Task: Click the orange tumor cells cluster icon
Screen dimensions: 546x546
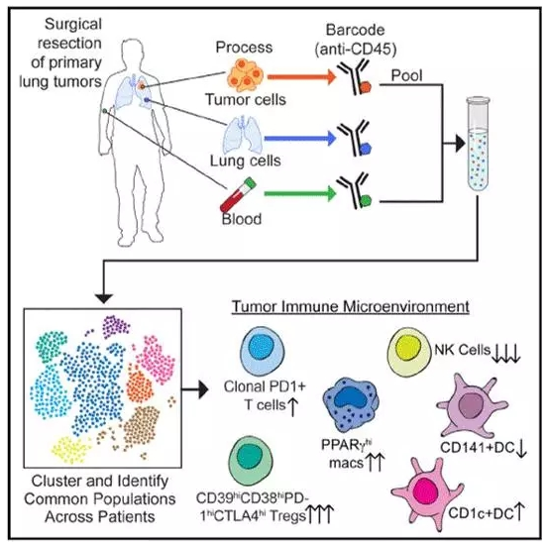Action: (246, 75)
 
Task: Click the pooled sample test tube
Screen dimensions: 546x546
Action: (478, 144)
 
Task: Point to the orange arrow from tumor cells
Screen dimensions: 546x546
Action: (301, 76)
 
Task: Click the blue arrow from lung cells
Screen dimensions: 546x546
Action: (300, 139)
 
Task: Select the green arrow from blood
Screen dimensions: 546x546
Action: (300, 193)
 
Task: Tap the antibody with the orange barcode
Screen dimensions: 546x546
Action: (356, 76)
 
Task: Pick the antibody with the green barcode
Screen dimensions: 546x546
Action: (355, 191)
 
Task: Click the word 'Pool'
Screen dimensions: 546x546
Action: (406, 75)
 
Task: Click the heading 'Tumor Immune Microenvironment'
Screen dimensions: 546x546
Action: (351, 307)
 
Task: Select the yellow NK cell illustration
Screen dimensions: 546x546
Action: (407, 352)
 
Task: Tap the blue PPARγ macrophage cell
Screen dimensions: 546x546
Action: (351, 404)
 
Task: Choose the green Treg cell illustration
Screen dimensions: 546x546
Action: (251, 460)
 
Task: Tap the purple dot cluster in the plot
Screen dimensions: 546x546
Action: (116, 327)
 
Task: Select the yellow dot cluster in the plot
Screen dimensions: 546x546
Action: (69, 449)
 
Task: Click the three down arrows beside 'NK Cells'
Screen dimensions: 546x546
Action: (506, 353)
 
